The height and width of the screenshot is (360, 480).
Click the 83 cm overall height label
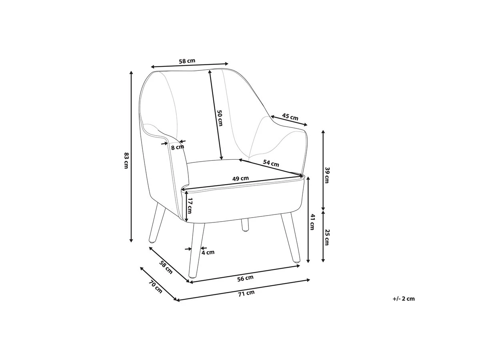(126, 160)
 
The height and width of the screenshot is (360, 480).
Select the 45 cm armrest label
(290, 117)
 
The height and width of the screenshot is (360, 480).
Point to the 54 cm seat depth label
(271, 163)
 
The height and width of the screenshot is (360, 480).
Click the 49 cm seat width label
(240, 178)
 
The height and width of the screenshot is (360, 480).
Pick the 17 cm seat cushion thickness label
(190, 206)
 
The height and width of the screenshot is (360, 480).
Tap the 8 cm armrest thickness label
(178, 147)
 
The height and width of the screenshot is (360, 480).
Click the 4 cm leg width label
(208, 252)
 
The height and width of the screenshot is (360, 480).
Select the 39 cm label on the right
(327, 175)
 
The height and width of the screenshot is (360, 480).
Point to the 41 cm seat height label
(312, 222)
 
